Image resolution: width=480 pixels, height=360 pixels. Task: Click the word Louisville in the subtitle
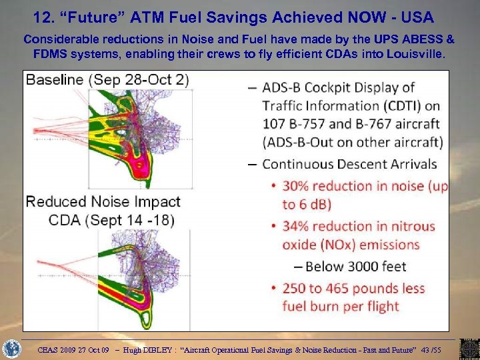click(x=413, y=54)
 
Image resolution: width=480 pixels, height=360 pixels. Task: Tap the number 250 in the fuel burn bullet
click(x=297, y=289)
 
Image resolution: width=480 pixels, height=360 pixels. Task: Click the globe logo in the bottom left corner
click(x=12, y=348)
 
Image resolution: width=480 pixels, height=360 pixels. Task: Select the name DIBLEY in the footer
click(x=159, y=348)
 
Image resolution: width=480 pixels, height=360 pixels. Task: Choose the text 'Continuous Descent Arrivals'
click(x=349, y=164)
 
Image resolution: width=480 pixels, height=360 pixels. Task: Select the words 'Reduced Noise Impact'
click(x=103, y=201)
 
